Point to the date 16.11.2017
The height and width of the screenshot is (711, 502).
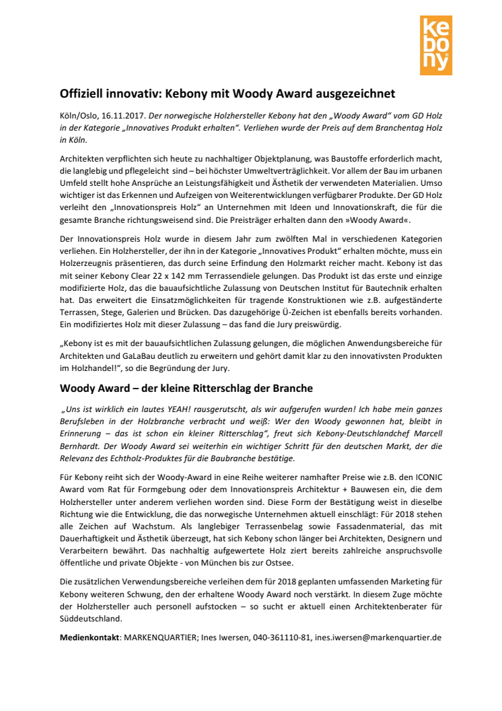[127, 116]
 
